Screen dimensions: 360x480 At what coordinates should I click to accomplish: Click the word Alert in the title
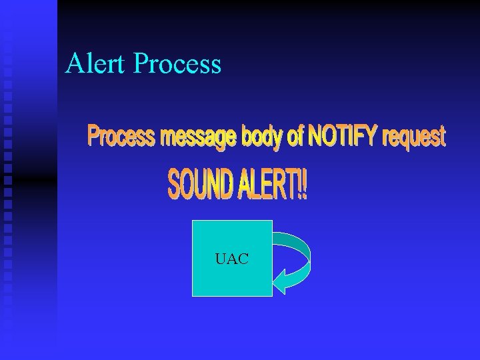(96, 63)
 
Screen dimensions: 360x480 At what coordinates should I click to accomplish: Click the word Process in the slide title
(177, 65)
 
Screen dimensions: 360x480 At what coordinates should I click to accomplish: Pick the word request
(413, 137)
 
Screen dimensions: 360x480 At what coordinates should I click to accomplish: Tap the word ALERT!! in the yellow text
(273, 185)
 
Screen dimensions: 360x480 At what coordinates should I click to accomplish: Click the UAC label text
(232, 259)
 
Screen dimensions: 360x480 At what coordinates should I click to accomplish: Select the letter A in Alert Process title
(74, 63)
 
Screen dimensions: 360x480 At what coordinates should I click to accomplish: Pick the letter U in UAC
(221, 259)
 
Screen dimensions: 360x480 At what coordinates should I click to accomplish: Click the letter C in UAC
(243, 259)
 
